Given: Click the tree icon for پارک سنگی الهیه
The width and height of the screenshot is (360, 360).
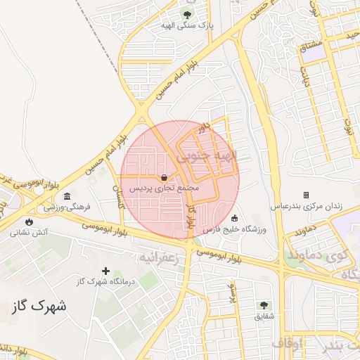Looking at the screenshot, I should click(186, 14).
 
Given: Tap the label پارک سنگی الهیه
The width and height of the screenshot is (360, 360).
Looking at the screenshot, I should click(186, 25).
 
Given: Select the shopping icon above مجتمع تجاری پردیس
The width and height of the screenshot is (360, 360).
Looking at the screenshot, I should click(164, 178).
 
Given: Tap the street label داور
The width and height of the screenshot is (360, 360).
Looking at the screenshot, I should click(205, 128).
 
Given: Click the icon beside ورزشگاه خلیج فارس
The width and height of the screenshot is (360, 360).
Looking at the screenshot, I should click(234, 217).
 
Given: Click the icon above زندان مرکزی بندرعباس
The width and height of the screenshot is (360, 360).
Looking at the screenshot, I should click(306, 195).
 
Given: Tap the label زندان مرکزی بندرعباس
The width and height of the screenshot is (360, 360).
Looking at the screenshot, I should click(307, 207).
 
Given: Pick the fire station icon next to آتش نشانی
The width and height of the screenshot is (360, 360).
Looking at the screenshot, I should click(29, 221).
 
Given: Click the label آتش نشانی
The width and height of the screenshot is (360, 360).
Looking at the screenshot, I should click(30, 232).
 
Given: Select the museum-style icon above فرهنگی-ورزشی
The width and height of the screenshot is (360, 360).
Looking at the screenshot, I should click(67, 196).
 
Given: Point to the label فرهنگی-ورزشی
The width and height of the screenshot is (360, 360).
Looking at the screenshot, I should click(64, 208).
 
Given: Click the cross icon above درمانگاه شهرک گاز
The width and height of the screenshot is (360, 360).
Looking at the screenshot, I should click(106, 271).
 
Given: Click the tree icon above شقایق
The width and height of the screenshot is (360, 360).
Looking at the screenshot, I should click(264, 305).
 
